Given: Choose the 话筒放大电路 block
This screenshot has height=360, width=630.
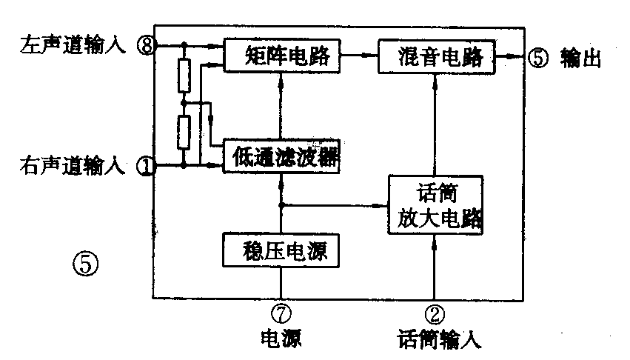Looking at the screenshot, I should coord(436,205).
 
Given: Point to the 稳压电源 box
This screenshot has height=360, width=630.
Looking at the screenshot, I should coord(280,250).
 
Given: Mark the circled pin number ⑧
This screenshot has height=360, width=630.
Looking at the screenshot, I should coord(146,45).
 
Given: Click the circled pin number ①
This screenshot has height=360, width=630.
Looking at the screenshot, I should coord(146,167).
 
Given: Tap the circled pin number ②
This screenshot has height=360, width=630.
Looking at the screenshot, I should coord(437,314).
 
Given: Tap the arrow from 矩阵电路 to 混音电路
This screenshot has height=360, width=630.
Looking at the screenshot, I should coord(363,55).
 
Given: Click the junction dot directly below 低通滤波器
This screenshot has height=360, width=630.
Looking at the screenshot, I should coord(281,204).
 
